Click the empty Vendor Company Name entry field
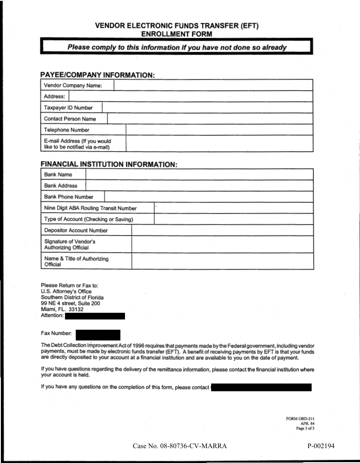(x=213, y=85)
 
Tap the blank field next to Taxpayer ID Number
(x=208, y=107)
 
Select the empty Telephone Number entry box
(x=219, y=130)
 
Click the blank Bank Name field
(x=199, y=175)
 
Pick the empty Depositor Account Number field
(x=222, y=230)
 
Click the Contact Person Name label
(x=70, y=119)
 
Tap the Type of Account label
(x=89, y=219)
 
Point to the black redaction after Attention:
(x=95, y=316)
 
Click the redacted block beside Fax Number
(x=98, y=335)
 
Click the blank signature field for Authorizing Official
(x=222, y=244)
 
